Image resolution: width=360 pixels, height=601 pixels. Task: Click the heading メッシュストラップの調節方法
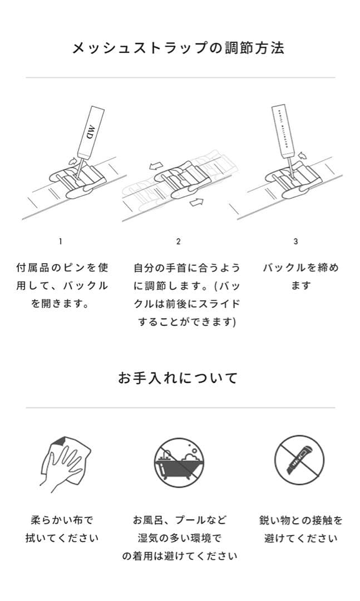click(x=178, y=48)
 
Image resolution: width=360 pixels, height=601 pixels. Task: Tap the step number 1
click(x=61, y=241)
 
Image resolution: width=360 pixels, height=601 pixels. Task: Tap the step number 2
click(x=178, y=241)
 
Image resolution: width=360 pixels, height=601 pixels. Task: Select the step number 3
click(x=295, y=241)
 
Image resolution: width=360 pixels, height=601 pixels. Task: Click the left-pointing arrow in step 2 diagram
click(x=156, y=166)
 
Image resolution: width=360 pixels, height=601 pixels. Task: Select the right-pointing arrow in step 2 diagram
click(x=196, y=201)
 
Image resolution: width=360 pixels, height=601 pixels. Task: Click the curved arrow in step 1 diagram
click(x=71, y=161)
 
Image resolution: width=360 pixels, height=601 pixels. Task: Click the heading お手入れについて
click(x=178, y=378)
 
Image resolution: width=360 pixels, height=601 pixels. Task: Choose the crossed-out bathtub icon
click(x=180, y=461)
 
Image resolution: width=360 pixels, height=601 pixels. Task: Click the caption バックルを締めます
click(x=300, y=277)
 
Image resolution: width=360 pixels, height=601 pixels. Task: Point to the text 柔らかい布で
click(x=62, y=520)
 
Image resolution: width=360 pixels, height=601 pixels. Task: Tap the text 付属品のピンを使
click(x=62, y=268)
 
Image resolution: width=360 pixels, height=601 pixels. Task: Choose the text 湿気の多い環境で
click(x=180, y=538)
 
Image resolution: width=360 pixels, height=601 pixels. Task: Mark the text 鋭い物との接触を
click(x=300, y=520)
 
